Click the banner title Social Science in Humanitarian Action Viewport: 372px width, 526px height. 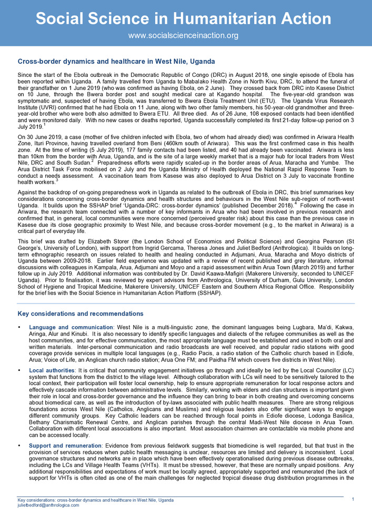click(184, 19)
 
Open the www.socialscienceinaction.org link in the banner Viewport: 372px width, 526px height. click(184, 36)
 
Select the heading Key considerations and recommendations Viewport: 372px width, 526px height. click(81, 314)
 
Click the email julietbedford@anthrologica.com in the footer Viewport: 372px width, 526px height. click(48, 505)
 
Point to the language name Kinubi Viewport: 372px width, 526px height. click(75, 334)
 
